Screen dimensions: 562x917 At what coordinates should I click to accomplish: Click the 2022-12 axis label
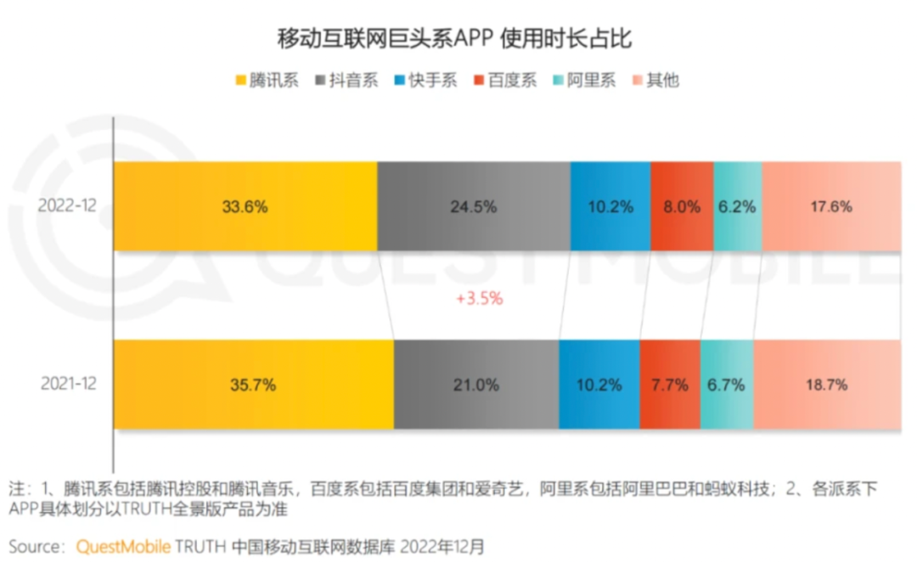(x=69, y=206)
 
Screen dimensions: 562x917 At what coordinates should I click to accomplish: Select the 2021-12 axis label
(x=69, y=384)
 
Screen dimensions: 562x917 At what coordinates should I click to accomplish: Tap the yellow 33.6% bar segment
(x=246, y=206)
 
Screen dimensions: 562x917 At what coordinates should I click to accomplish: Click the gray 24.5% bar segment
(x=474, y=206)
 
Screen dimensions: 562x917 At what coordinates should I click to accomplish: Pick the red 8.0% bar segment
(x=682, y=206)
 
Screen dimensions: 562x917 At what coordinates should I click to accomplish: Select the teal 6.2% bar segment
(x=737, y=206)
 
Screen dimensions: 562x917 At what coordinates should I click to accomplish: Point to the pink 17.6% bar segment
(x=831, y=206)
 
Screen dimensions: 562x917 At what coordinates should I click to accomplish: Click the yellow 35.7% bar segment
(x=254, y=384)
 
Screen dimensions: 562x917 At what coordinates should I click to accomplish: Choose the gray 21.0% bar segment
(x=476, y=384)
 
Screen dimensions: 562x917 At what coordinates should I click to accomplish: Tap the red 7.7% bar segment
(x=670, y=384)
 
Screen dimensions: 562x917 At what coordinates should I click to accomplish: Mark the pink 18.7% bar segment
(x=827, y=384)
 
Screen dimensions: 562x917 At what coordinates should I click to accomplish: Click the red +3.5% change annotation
(x=480, y=299)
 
